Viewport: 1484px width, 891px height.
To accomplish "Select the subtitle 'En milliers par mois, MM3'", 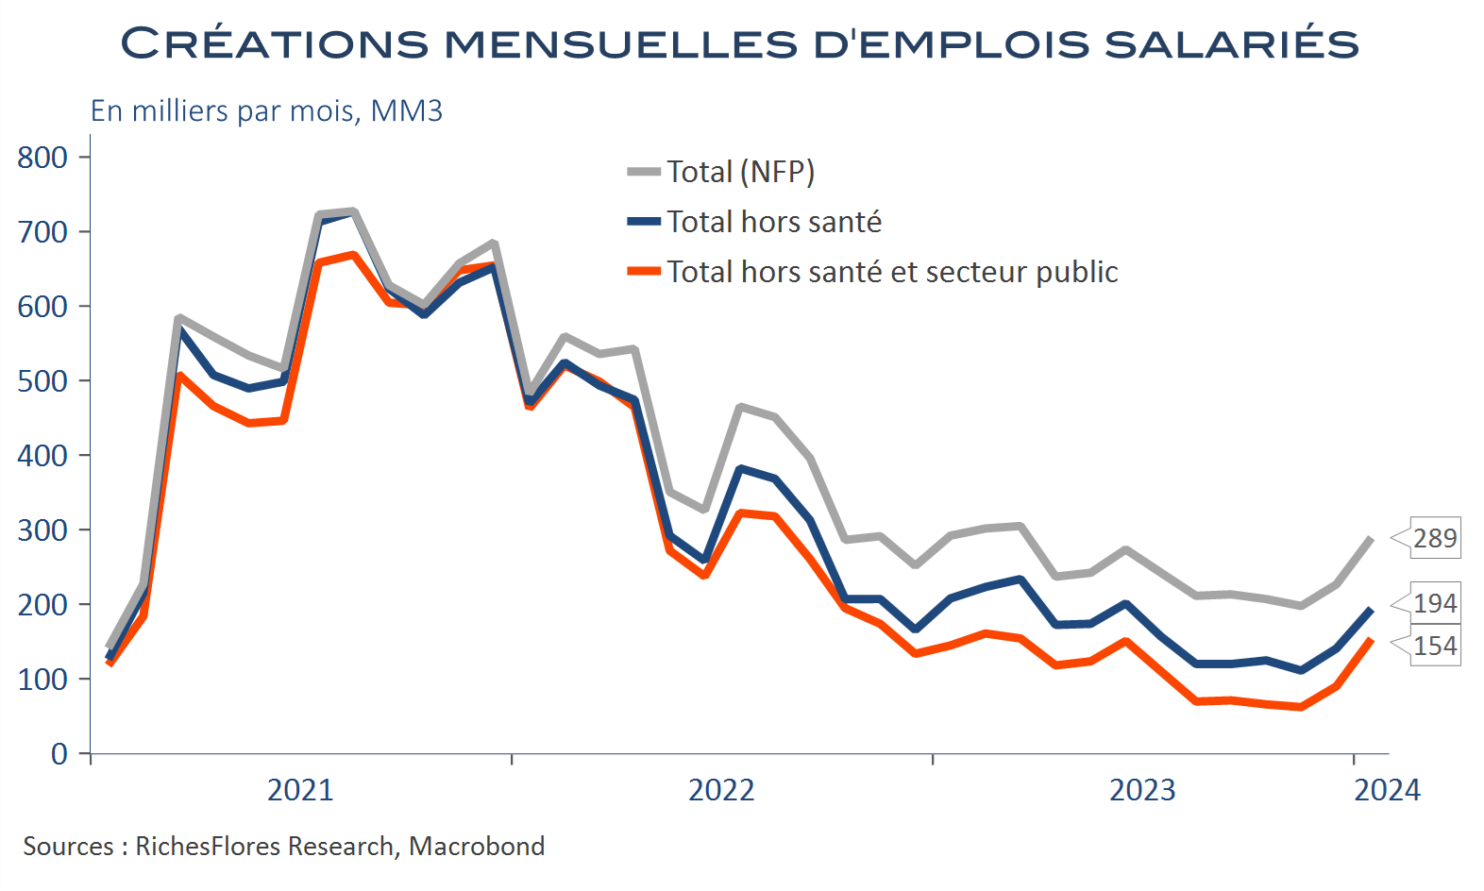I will [x=266, y=111].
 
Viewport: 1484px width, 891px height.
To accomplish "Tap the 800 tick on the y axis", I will [x=42, y=158].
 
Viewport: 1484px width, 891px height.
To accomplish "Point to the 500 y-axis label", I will [x=42, y=381].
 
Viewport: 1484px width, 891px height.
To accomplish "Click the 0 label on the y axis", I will [x=59, y=754].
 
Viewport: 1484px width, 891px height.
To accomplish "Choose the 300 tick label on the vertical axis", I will [x=42, y=530].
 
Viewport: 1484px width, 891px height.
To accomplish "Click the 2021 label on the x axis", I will [x=300, y=790].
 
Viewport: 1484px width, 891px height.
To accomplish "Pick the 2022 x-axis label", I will [x=721, y=790].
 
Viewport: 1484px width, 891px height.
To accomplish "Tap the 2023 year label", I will [x=1142, y=790].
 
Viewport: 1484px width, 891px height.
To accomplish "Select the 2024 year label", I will [x=1387, y=790].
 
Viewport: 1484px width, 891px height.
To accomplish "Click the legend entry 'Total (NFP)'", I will [x=740, y=172].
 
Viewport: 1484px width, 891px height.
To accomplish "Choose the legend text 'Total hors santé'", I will [x=774, y=222].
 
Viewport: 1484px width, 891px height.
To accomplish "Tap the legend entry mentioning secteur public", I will [x=892, y=272].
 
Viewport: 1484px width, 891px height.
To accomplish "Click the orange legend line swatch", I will [x=644, y=272].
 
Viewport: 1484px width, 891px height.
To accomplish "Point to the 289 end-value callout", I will [x=1435, y=538].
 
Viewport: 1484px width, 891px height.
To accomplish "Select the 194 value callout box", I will [x=1435, y=603].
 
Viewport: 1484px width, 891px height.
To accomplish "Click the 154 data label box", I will [x=1435, y=646].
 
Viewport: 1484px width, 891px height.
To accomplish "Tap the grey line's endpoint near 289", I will [x=1371, y=539].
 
